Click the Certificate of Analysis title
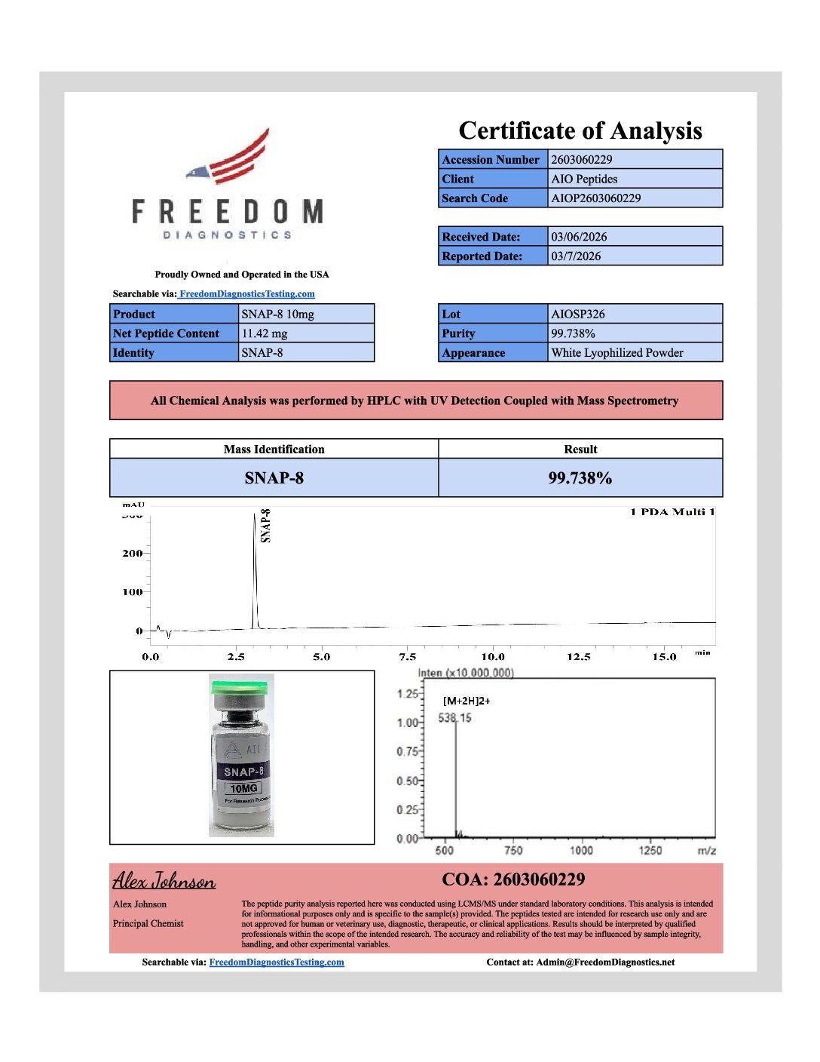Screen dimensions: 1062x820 (580, 130)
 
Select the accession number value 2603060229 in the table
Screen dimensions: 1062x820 (581, 160)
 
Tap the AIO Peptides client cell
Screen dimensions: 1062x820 (584, 180)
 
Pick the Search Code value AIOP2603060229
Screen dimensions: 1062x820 (595, 198)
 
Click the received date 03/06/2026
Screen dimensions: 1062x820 (578, 237)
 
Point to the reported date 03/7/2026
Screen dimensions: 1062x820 (576, 256)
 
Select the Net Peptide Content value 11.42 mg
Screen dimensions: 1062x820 (265, 333)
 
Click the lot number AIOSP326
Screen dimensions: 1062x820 (578, 315)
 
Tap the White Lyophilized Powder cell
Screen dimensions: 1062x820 (617, 353)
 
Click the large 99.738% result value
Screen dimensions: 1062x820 (580, 478)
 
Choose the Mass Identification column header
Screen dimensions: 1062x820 (274, 450)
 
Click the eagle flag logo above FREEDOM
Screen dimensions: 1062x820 (231, 158)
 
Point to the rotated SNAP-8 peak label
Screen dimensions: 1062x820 (265, 526)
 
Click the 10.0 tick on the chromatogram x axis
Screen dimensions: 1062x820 (493, 657)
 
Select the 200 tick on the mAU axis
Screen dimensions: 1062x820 (133, 554)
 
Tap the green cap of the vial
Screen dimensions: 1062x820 (240, 688)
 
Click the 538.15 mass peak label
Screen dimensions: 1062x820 (454, 718)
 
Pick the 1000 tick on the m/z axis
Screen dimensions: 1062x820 (581, 851)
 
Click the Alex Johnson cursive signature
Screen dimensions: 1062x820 (164, 881)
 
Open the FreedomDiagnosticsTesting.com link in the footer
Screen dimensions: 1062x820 (277, 962)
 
